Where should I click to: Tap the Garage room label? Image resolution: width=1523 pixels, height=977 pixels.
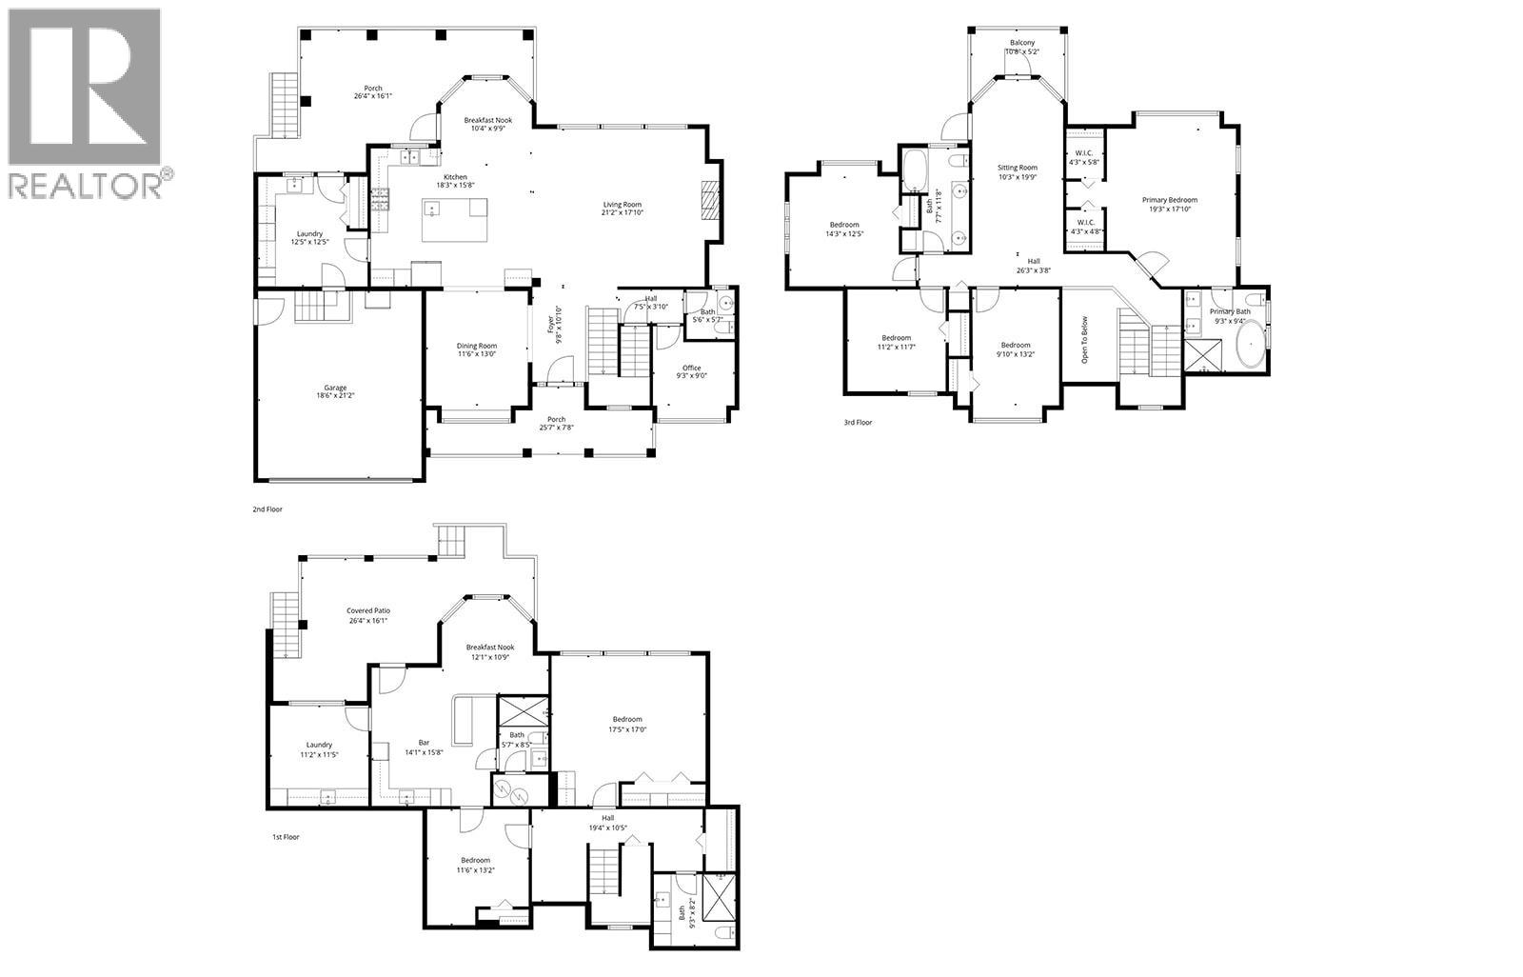coord(334,389)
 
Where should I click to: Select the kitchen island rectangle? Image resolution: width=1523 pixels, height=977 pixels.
coord(454,219)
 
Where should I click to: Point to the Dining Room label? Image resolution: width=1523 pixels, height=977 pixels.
coord(477,346)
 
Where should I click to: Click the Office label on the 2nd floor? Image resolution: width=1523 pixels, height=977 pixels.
coord(691,368)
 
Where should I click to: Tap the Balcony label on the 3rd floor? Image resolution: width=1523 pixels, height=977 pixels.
coord(1022,43)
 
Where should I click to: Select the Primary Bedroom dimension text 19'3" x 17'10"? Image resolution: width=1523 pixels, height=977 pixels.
coord(1170,209)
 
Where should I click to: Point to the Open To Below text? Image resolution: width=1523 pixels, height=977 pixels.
coord(1084,339)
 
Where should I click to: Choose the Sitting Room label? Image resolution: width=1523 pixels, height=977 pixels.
coord(1018,168)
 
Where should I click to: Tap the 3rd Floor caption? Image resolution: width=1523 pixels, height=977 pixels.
coord(858,422)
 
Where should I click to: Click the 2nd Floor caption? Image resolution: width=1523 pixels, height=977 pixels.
coord(267,509)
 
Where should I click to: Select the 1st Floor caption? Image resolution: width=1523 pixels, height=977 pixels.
coord(286,837)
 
